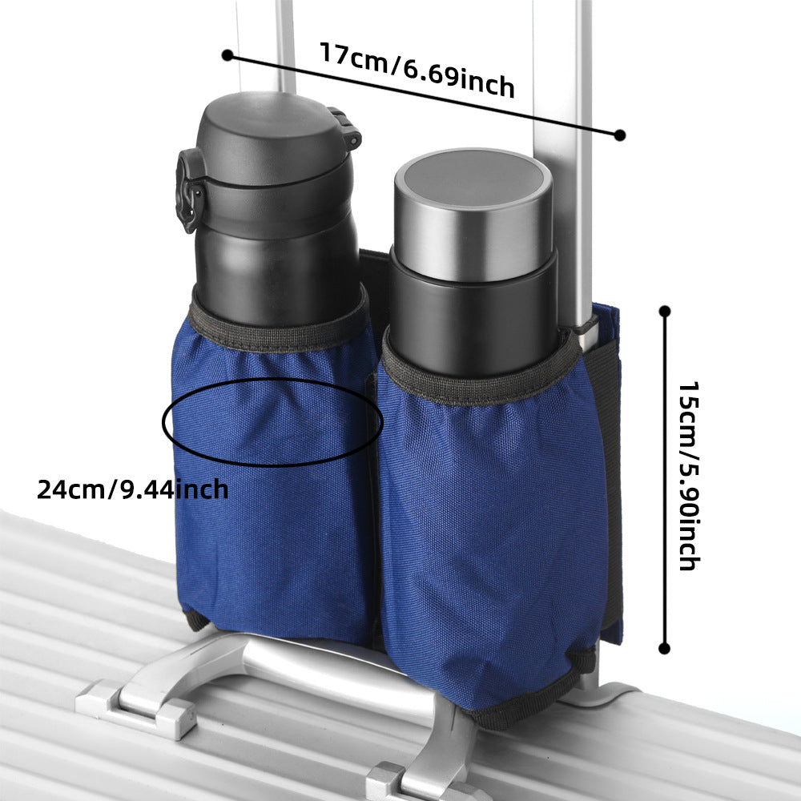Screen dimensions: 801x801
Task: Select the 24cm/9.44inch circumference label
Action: pyautogui.click(x=132, y=488)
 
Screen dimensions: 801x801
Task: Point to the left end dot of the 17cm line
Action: pyautogui.click(x=227, y=55)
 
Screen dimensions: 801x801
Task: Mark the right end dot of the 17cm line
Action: pyautogui.click(x=619, y=135)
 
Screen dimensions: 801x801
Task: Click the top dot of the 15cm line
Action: pyautogui.click(x=663, y=311)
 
